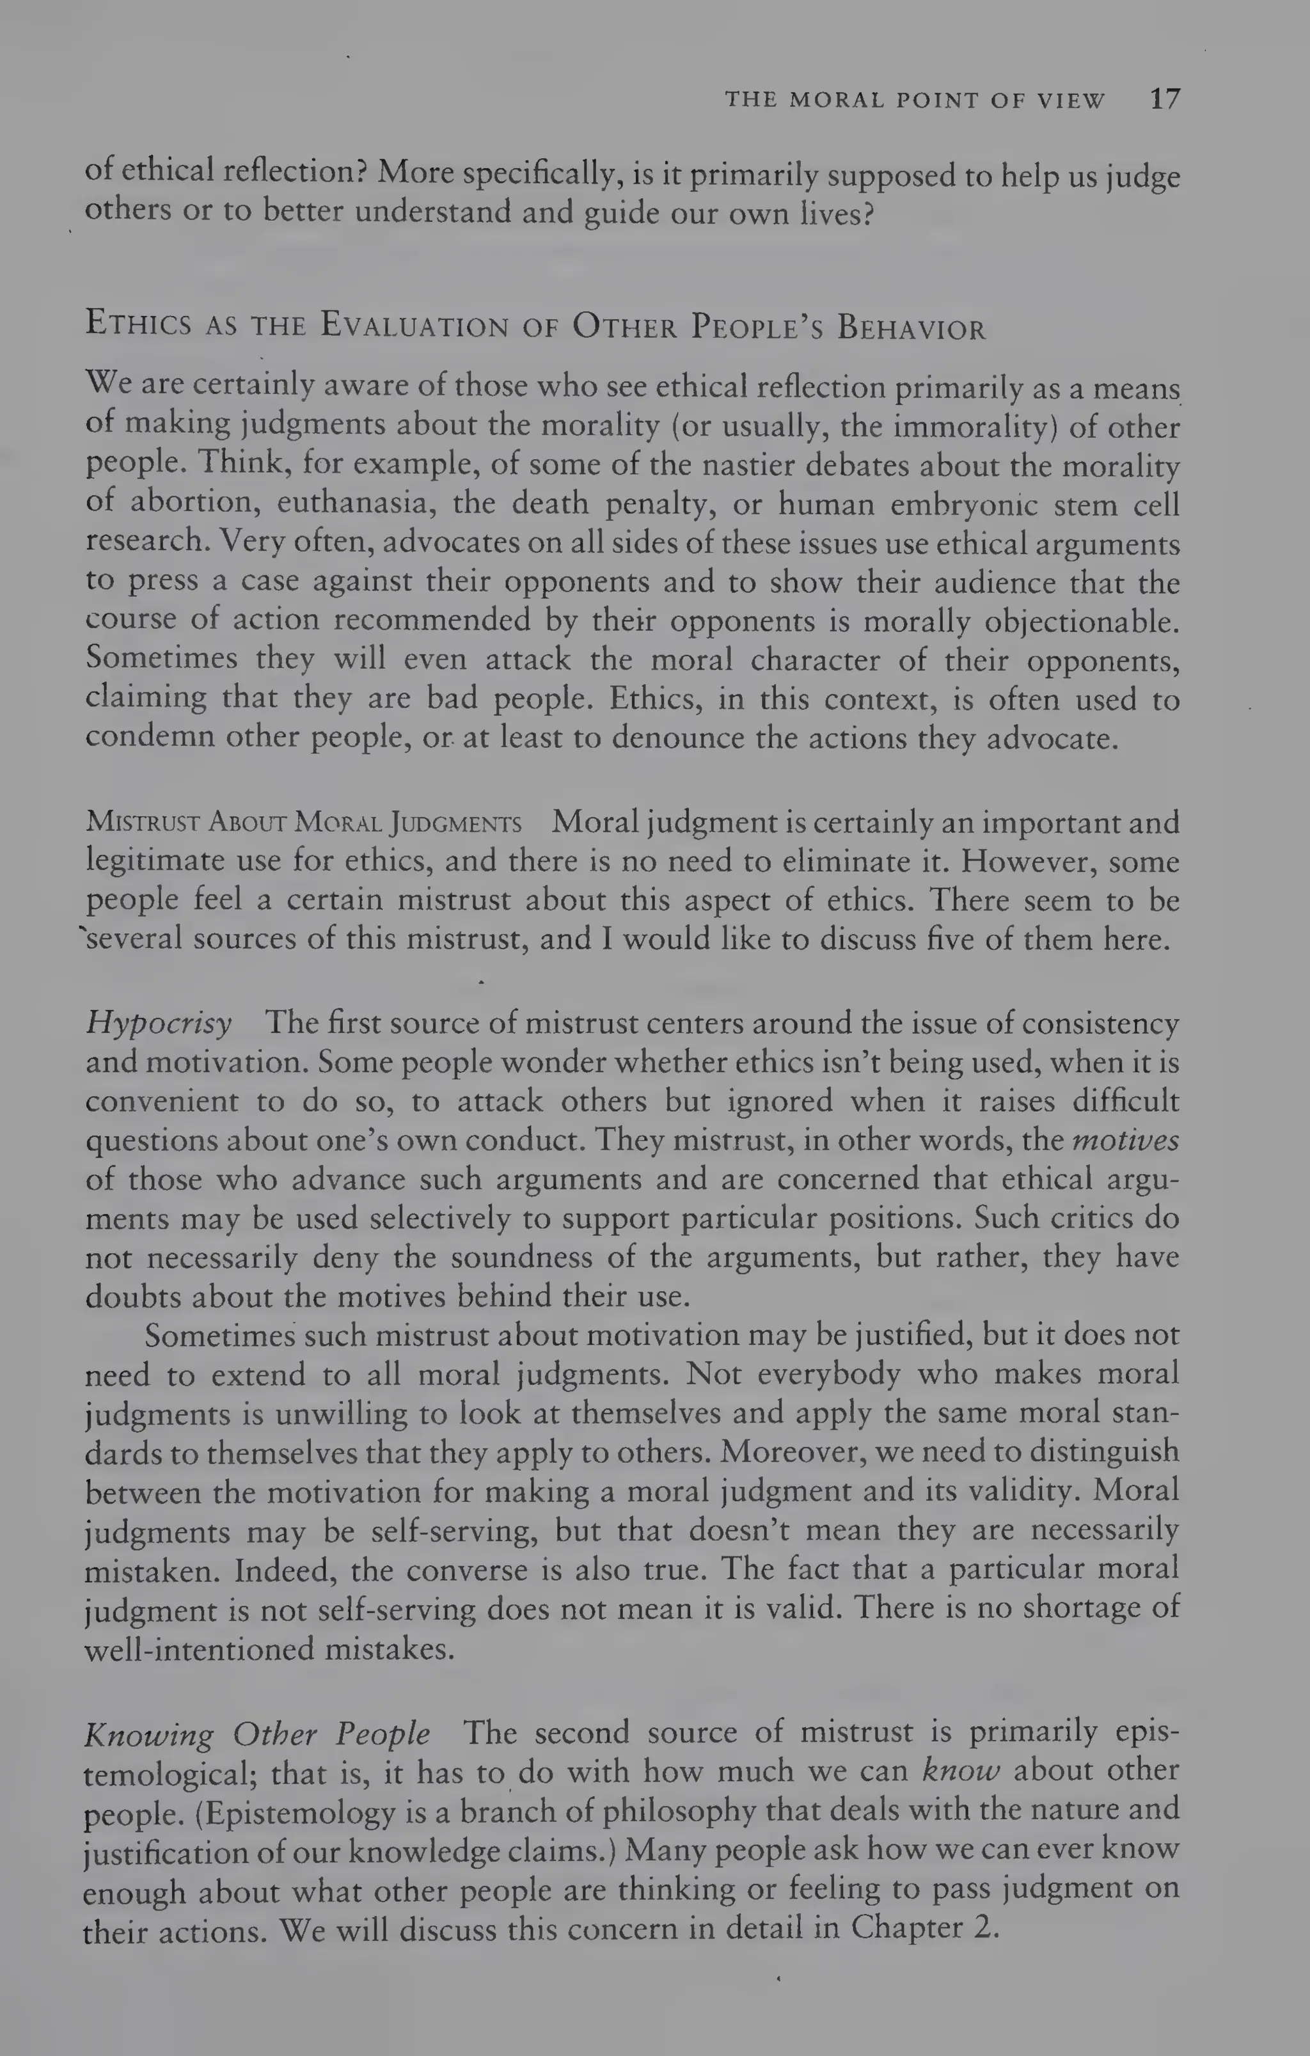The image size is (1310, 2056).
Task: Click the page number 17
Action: [1165, 99]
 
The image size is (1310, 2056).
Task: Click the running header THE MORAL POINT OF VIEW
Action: [915, 100]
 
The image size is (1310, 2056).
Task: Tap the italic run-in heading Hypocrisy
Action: [159, 1022]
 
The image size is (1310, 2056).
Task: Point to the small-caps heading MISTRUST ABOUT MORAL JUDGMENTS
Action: [303, 823]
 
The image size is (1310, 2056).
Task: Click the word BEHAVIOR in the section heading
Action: [911, 328]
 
